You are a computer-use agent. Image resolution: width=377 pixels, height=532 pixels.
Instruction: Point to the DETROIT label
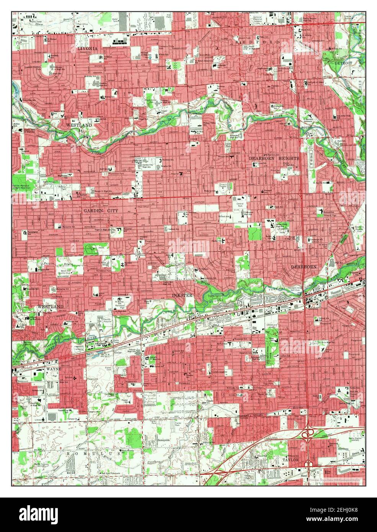point(343,62)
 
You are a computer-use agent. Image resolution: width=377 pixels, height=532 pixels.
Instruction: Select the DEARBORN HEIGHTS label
point(274,158)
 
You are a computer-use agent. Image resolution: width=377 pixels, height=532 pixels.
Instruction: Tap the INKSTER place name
point(183,295)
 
